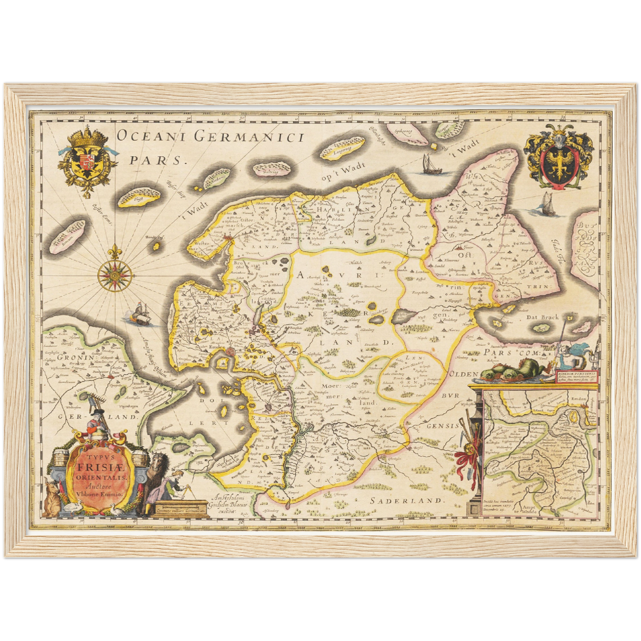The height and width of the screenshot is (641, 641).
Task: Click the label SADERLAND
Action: pos(407,500)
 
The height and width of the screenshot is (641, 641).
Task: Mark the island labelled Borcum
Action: pos(67,232)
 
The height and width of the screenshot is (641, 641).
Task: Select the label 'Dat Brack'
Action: pos(542,317)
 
